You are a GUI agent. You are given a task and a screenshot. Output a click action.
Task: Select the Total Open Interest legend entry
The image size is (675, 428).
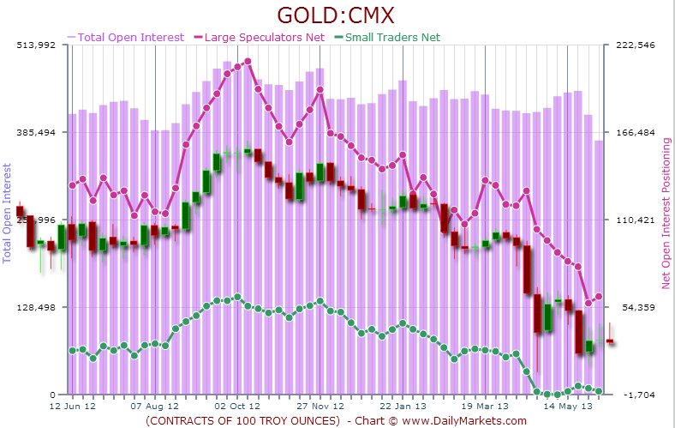(130, 37)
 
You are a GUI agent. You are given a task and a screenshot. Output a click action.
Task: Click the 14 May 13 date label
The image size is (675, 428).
(568, 406)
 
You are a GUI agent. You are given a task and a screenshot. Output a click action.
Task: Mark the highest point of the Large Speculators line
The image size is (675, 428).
(248, 62)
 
